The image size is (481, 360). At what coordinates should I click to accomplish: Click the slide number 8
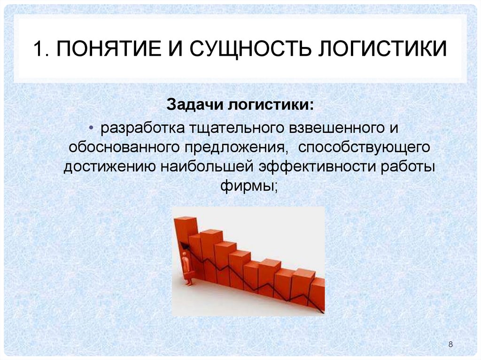[x=451, y=345]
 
